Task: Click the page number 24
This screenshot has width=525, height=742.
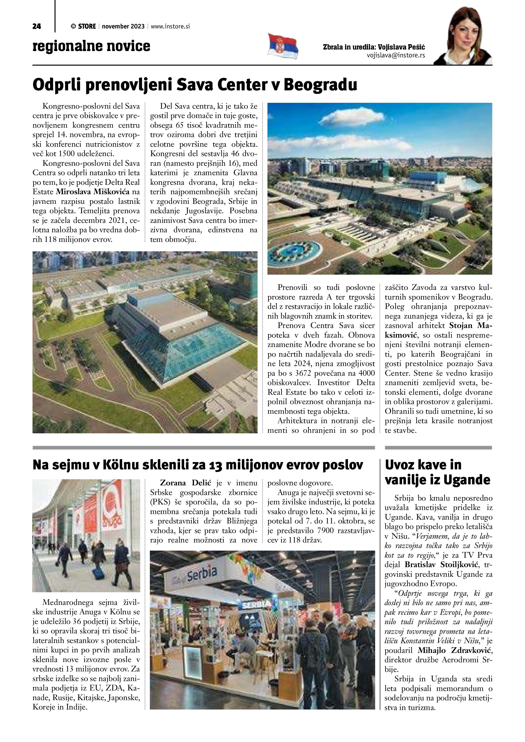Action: (x=37, y=26)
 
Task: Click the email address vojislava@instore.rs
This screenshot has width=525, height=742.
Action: (x=396, y=55)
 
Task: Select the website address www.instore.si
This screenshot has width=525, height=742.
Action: (x=170, y=26)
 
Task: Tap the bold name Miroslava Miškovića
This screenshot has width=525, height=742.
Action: (x=93, y=192)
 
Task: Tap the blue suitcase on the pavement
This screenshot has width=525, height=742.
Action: (x=97, y=574)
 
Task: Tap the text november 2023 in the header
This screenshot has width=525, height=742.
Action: (x=123, y=26)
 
